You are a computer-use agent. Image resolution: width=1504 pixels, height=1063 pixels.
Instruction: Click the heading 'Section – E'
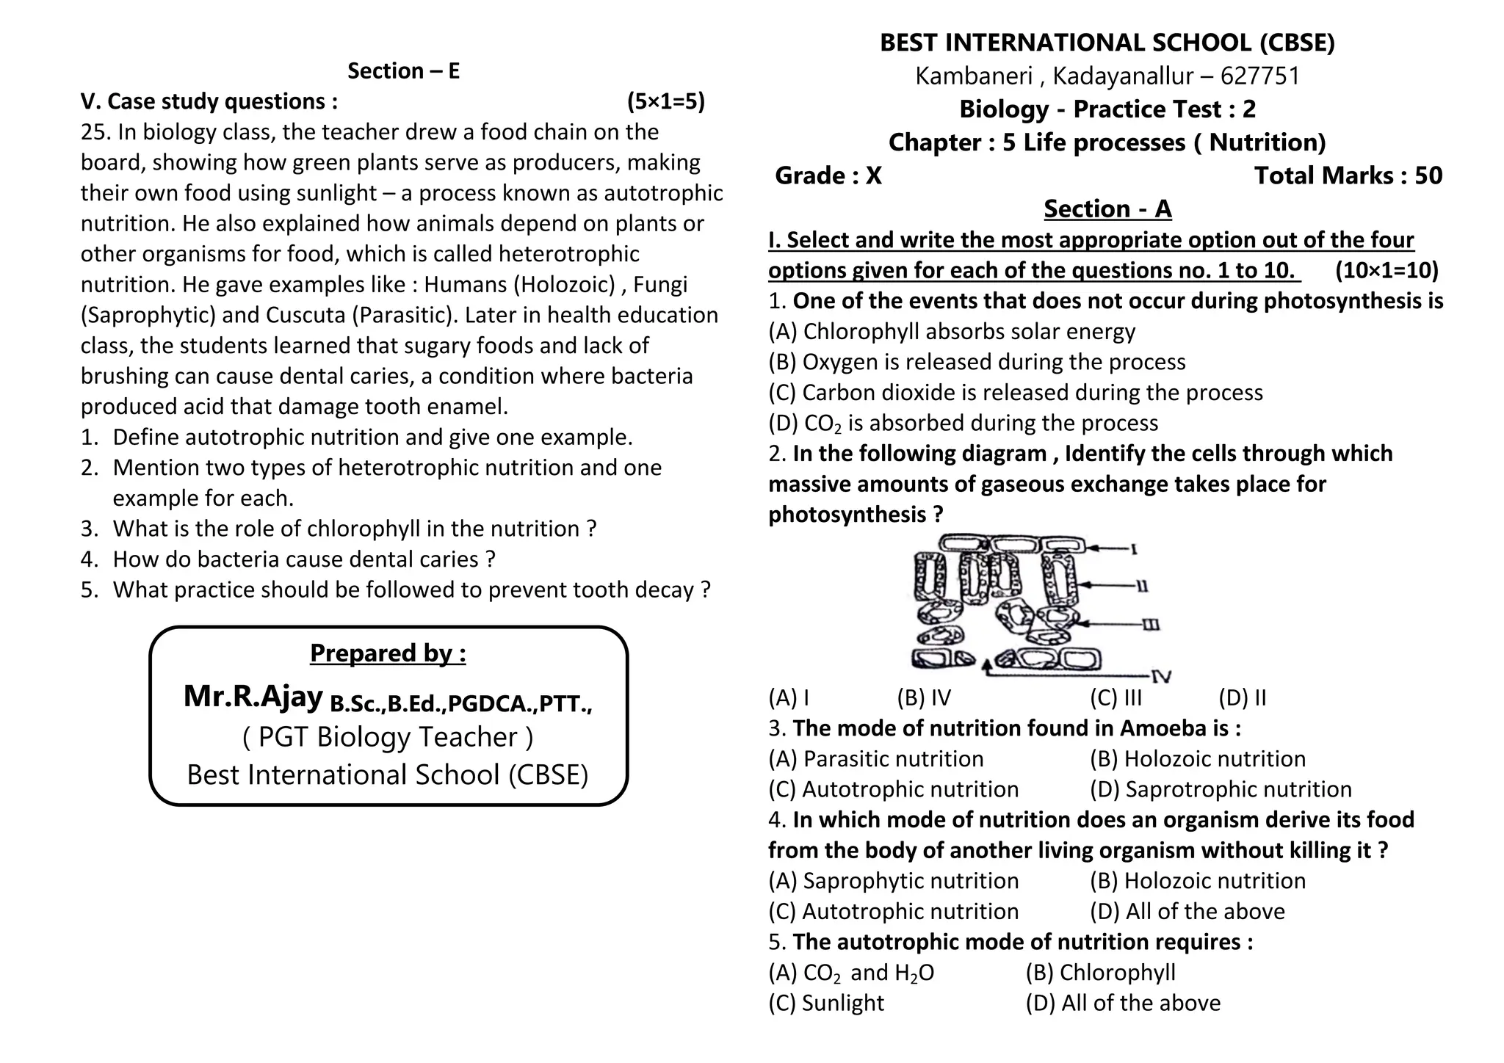click(x=403, y=71)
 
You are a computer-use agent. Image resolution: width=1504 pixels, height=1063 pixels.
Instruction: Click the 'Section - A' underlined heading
click(x=1107, y=209)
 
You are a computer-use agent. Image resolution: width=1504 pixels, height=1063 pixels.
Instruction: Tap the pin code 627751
click(x=1259, y=76)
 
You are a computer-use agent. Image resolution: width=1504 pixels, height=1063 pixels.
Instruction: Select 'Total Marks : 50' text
click(x=1348, y=176)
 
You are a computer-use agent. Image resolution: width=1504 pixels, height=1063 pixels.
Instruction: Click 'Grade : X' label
click(x=828, y=176)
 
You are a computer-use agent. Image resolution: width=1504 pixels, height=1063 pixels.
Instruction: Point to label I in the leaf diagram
click(x=1134, y=548)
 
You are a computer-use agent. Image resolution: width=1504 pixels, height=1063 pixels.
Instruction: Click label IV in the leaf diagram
click(x=1160, y=676)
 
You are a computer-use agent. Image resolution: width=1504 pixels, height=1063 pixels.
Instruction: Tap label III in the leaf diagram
click(x=1151, y=625)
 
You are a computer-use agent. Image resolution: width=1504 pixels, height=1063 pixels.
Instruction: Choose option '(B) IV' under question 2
click(x=923, y=698)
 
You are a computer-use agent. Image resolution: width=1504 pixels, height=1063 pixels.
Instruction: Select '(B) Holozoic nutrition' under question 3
click(x=1197, y=759)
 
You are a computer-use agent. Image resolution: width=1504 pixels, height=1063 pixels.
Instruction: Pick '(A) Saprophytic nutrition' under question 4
click(x=893, y=881)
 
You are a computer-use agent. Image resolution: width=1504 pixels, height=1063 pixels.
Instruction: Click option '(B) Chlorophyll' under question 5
click(x=1100, y=973)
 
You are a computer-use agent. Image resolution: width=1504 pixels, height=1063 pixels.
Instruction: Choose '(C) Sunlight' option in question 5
click(x=826, y=1004)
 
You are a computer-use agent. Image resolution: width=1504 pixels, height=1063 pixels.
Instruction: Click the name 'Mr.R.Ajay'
click(x=253, y=697)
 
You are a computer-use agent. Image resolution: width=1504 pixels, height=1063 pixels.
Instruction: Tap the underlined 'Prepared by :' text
click(x=388, y=653)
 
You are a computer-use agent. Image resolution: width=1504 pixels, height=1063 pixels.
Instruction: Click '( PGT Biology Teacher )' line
click(x=388, y=738)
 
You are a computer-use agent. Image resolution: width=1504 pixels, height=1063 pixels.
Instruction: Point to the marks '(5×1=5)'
click(x=665, y=101)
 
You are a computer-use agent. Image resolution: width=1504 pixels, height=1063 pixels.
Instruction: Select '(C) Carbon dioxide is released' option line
click(x=1015, y=393)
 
